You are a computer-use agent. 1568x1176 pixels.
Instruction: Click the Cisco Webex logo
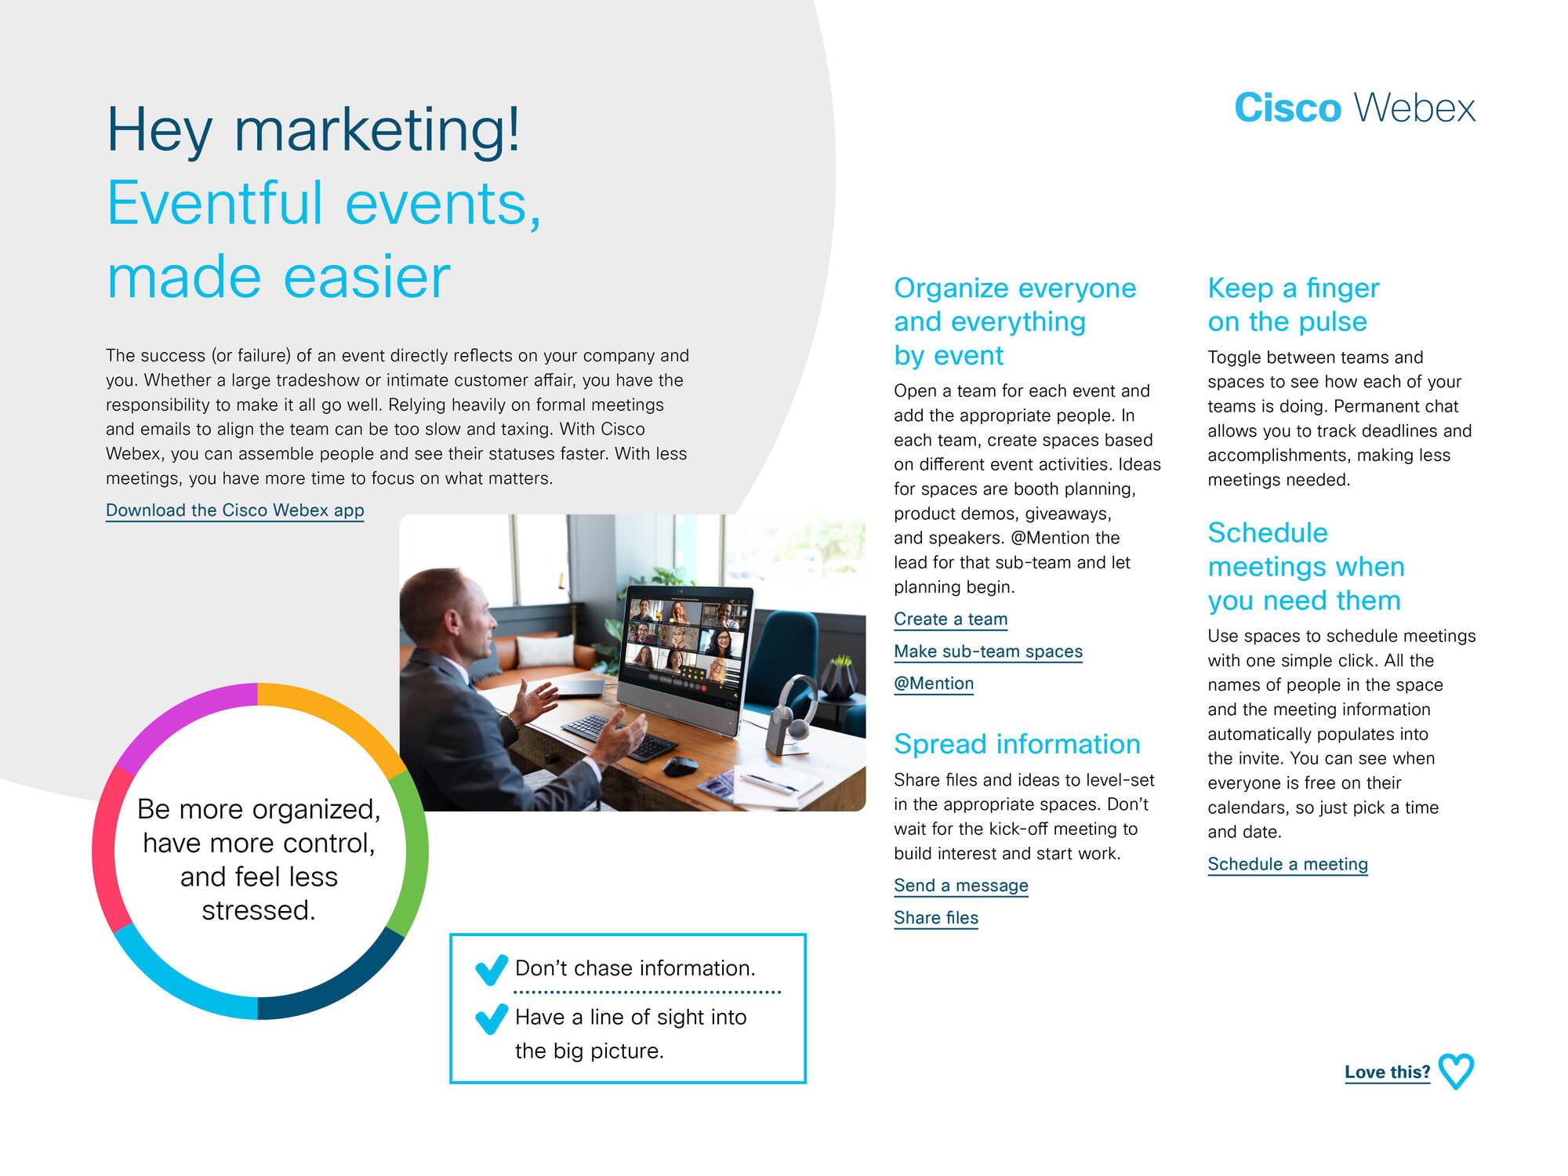click(x=1355, y=107)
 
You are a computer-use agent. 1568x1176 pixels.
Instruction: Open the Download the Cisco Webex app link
click(x=235, y=510)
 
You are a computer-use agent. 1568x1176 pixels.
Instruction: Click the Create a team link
click(x=950, y=619)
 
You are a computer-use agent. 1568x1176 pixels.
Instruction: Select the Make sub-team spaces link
click(x=988, y=652)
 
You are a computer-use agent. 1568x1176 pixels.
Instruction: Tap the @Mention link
click(x=934, y=684)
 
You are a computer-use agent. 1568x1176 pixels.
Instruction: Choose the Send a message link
click(x=960, y=886)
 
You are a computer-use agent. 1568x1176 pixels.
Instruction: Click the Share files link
click(x=936, y=918)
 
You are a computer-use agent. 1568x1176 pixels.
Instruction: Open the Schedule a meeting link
click(x=1287, y=864)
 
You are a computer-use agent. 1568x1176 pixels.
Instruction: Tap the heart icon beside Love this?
click(x=1457, y=1072)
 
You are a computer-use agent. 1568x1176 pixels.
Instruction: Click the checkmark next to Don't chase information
click(x=492, y=971)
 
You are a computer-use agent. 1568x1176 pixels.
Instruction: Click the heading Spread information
click(x=1017, y=744)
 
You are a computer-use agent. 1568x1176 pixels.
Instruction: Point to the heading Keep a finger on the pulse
click(x=1294, y=304)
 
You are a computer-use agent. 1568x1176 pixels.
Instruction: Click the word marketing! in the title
click(x=377, y=130)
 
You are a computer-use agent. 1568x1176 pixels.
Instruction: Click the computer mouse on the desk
click(x=681, y=765)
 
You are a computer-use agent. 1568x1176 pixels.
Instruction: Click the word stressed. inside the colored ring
click(x=259, y=910)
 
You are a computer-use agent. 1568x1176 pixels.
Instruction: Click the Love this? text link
click(x=1387, y=1072)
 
